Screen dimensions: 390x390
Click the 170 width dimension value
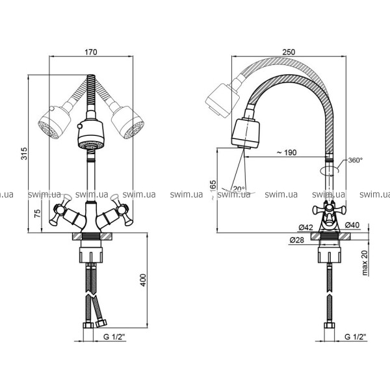(91, 52)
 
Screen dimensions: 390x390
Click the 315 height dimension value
(24, 153)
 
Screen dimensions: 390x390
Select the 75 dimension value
(37, 214)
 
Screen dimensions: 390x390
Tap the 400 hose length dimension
(143, 280)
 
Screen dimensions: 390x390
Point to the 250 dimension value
(289, 52)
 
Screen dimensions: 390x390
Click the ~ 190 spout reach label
(287, 153)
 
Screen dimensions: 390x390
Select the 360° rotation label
(355, 160)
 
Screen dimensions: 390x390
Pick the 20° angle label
(239, 189)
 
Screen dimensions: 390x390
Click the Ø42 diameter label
(305, 227)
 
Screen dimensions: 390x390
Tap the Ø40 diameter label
(352, 225)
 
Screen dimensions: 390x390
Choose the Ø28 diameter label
(297, 240)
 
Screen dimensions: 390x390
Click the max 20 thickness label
(365, 263)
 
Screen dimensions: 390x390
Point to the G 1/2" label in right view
(356, 337)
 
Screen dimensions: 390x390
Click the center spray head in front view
(91, 135)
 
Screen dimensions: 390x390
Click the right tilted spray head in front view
(128, 122)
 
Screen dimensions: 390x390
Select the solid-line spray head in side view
(246, 133)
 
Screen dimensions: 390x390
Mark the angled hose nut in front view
(101, 323)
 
